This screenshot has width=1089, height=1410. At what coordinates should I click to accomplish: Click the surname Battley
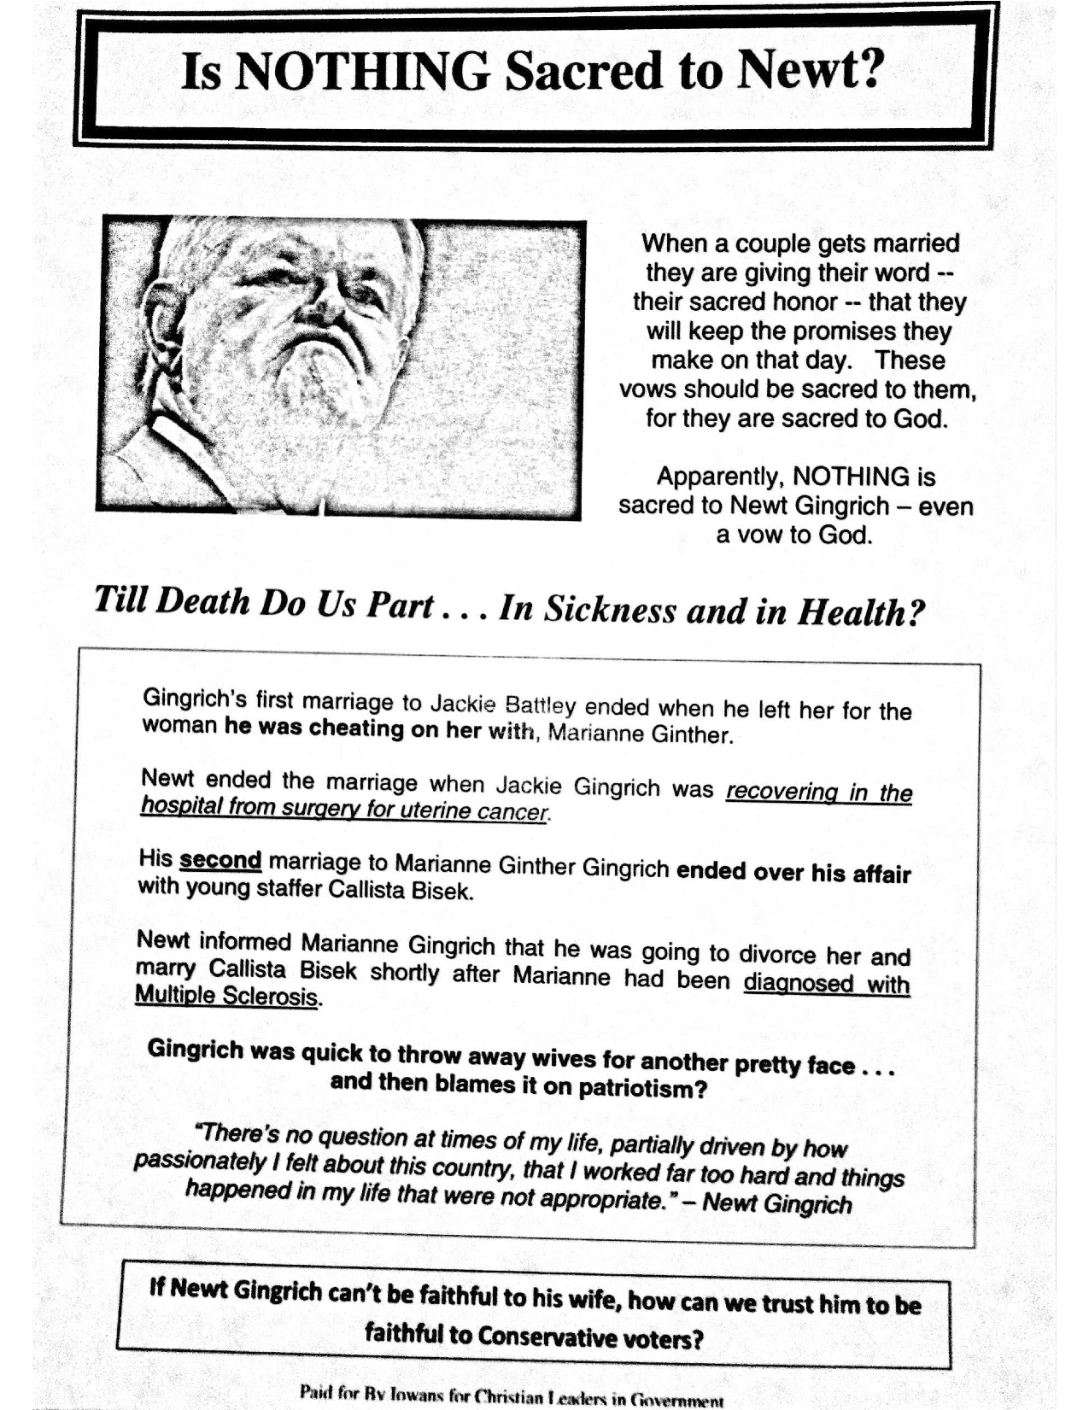pyautogui.click(x=540, y=705)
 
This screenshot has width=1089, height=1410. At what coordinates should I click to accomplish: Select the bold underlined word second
pyautogui.click(x=220, y=859)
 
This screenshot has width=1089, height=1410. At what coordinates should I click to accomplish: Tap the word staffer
pyautogui.click(x=278, y=888)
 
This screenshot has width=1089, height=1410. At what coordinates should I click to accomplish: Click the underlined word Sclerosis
pyautogui.click(x=271, y=996)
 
